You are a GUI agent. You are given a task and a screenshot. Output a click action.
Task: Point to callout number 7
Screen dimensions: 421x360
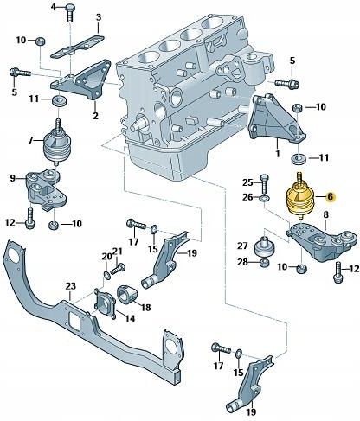pyautogui.click(x=30, y=140)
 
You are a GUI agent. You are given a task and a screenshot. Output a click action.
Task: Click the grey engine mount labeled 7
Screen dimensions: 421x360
pyautogui.click(x=58, y=141)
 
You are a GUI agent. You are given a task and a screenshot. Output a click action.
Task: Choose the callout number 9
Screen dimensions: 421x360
pyautogui.click(x=12, y=178)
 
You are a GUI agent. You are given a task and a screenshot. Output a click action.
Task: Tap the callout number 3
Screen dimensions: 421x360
pyautogui.click(x=98, y=16)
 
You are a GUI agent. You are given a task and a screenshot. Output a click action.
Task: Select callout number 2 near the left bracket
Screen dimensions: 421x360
pyautogui.click(x=94, y=116)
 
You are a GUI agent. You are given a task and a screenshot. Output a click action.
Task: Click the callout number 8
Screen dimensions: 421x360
pyautogui.click(x=325, y=214)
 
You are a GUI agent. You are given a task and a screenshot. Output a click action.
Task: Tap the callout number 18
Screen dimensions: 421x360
pyautogui.click(x=145, y=307)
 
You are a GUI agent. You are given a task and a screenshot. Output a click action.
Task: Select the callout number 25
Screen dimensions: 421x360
pyautogui.click(x=246, y=181)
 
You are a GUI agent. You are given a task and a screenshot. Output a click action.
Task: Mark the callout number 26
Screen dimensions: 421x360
pyautogui.click(x=246, y=197)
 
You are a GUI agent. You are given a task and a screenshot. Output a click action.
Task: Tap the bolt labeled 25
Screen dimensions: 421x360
pyautogui.click(x=265, y=182)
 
